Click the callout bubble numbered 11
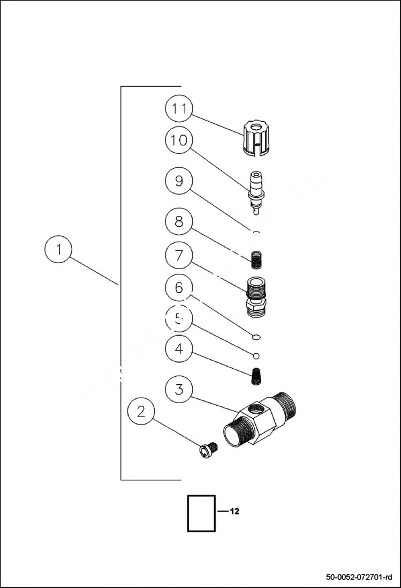[178, 108]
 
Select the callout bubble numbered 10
[178, 141]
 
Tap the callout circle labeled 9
[178, 181]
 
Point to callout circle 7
[178, 255]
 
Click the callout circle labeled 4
[178, 349]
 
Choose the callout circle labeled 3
[178, 390]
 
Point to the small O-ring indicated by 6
[256, 337]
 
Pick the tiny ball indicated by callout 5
[256, 355]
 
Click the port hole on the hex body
[255, 411]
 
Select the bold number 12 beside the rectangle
[234, 511]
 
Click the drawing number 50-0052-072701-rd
[359, 577]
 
